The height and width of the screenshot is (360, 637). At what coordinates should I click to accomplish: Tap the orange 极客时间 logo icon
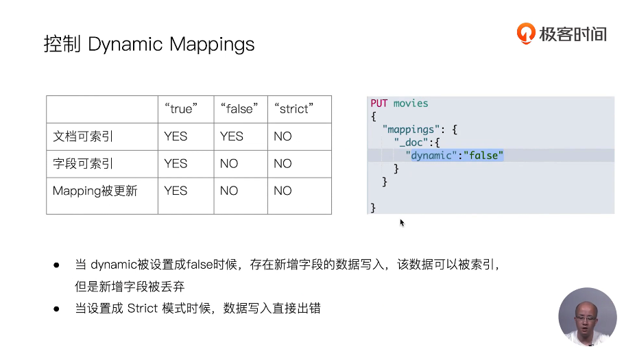click(526, 33)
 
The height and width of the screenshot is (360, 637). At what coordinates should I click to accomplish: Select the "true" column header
click(181, 109)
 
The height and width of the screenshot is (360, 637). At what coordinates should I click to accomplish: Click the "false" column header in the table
click(239, 109)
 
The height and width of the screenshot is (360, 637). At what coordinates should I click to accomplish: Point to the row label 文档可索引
click(83, 136)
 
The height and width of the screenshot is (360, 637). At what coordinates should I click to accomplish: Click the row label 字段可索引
click(83, 164)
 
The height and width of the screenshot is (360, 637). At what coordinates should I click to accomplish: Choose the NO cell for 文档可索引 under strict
click(283, 136)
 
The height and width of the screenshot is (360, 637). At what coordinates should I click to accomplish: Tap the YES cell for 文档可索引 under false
click(232, 136)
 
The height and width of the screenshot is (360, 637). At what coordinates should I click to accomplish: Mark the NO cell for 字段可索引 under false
click(229, 164)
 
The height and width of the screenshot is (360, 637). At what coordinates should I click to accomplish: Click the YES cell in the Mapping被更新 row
click(176, 191)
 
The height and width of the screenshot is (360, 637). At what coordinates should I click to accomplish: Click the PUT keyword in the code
click(379, 104)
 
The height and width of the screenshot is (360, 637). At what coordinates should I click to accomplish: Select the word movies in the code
click(411, 104)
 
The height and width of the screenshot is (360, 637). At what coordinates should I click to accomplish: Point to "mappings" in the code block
click(410, 129)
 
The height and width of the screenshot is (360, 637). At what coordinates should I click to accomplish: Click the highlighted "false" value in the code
click(483, 156)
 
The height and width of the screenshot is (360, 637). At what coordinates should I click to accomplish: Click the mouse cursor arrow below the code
click(402, 222)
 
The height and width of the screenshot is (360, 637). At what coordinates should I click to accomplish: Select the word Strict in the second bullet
click(142, 309)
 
